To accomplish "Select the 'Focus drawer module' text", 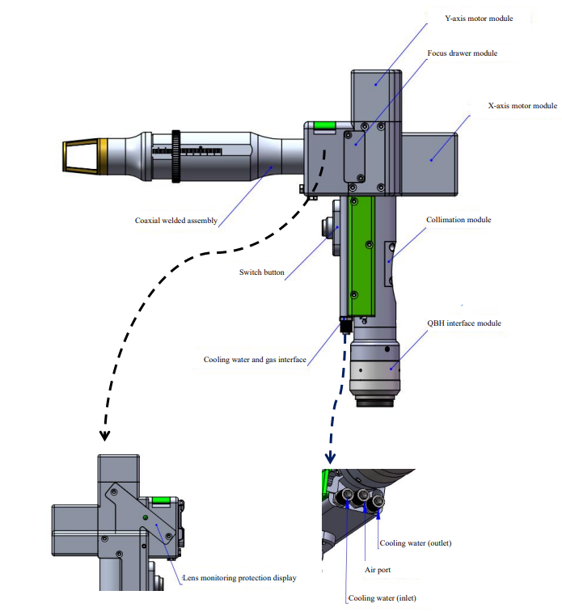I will point(462,53).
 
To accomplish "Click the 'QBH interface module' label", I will point(464,323).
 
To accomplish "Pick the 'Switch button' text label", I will point(262,272).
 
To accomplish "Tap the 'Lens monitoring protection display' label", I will point(240,578).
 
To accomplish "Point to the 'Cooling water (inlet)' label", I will point(382,599).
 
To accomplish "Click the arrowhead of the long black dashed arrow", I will point(104,436).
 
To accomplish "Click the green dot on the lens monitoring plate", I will point(145,518).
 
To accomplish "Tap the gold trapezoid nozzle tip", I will point(79,155).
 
